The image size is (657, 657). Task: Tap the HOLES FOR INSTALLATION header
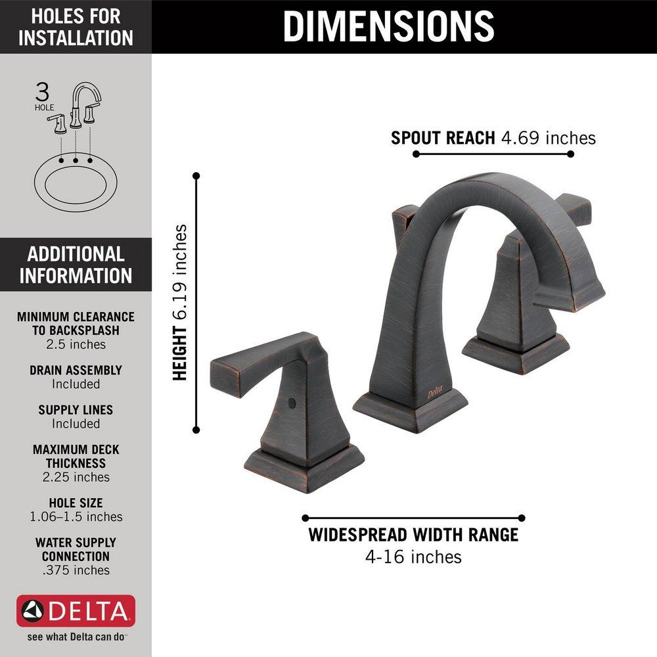tap(76, 26)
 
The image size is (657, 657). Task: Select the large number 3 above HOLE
tap(43, 90)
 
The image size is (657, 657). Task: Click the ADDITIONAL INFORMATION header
tap(76, 264)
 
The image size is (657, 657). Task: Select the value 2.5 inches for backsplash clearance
tap(76, 344)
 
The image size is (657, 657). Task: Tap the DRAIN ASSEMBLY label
tap(76, 371)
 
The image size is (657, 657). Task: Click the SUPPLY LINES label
tap(76, 410)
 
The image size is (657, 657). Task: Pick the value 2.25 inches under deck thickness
tap(76, 477)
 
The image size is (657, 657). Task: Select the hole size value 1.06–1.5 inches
tap(76, 516)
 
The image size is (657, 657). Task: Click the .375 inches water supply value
tap(76, 570)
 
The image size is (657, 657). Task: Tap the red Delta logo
tap(76, 612)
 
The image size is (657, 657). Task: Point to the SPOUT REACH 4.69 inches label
tap(493, 138)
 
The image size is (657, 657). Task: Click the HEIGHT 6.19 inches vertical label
tap(180, 302)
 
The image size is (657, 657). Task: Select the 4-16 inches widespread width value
tap(413, 557)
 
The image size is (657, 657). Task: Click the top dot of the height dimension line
tap(196, 175)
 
